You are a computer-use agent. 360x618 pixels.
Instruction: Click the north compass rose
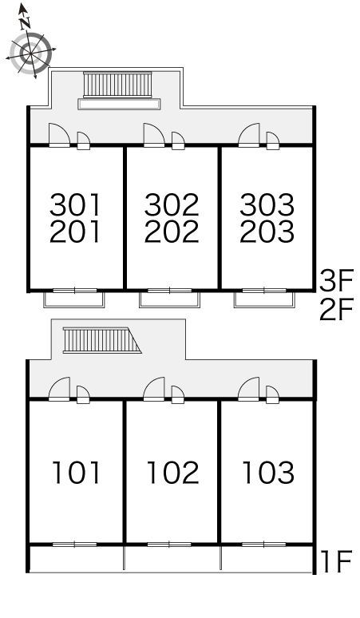[30, 52]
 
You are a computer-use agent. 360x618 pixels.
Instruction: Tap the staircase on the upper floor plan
[117, 85]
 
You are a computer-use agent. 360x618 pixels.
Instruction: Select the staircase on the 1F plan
[101, 340]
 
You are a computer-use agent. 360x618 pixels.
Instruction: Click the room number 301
[75, 205]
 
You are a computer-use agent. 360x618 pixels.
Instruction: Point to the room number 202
[172, 231]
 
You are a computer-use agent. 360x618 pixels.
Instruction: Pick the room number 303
[267, 205]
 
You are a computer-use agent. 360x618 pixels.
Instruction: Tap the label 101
[76, 473]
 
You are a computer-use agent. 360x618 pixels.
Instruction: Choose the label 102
[173, 473]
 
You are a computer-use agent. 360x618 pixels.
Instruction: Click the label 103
[268, 473]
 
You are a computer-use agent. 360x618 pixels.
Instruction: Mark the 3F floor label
[337, 279]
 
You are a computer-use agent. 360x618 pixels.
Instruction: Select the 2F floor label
[337, 310]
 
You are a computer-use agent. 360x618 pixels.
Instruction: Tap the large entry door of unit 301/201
[59, 135]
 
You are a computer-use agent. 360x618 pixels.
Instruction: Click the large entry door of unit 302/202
[154, 135]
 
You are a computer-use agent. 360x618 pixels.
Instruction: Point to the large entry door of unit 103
[248, 390]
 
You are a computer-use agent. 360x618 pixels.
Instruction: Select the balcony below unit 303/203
[264, 299]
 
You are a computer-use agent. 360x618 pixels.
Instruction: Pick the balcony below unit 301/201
[74, 299]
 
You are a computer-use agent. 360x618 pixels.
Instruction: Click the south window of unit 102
[169, 545]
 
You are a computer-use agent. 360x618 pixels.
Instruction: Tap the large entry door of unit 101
[59, 390]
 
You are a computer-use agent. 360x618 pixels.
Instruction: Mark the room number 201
[75, 231]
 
